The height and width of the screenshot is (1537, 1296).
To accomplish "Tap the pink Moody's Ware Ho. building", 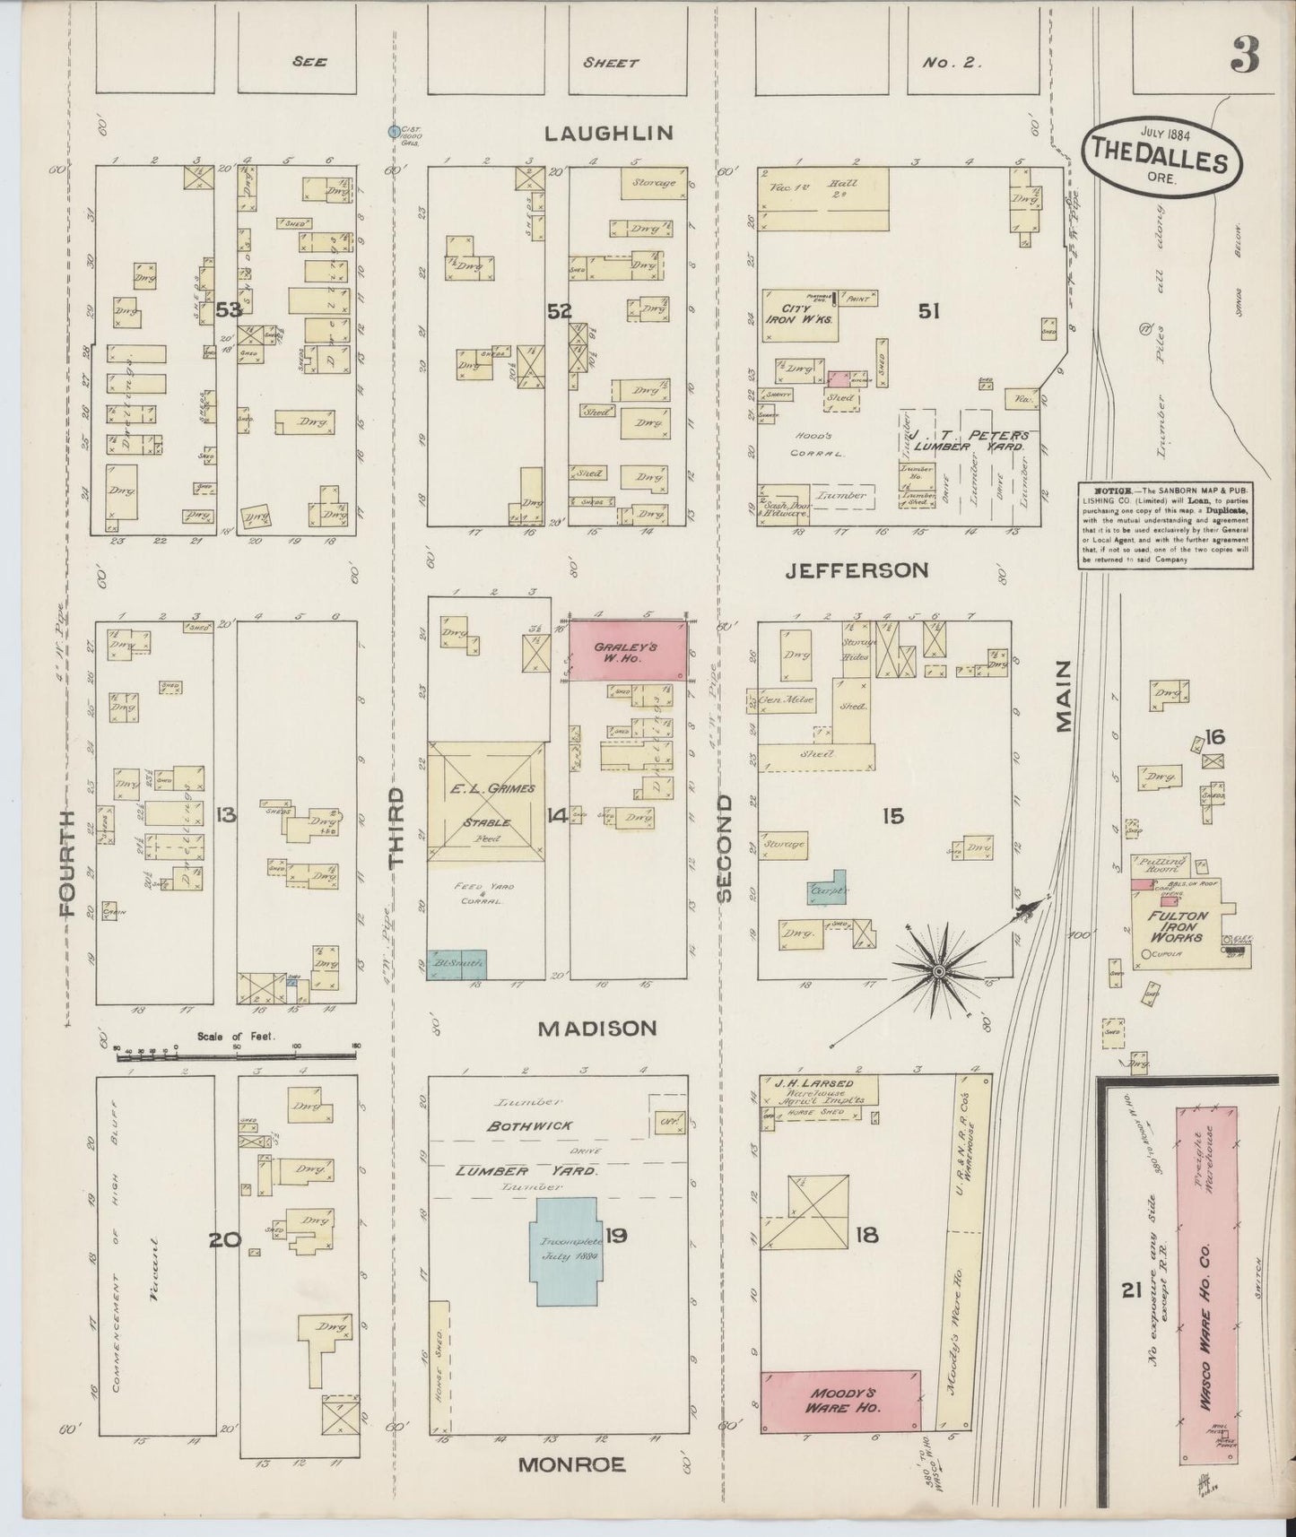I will tap(840, 1401).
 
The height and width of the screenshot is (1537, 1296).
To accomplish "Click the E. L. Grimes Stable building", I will tap(485, 803).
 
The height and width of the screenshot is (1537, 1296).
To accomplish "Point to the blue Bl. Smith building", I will tap(457, 964).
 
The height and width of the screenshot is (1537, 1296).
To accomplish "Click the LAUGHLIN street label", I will tap(609, 134).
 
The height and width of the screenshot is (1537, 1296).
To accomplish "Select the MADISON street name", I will tap(597, 1029).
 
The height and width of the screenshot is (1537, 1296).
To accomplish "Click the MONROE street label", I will tap(571, 1465).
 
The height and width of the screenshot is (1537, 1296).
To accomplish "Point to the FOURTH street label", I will tap(65, 862).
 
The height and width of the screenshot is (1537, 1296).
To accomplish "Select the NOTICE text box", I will tap(1166, 525).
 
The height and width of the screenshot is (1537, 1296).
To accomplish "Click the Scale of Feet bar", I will tap(238, 1055).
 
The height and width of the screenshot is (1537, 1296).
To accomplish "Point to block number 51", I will tap(928, 311).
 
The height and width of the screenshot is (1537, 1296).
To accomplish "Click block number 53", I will tap(230, 310).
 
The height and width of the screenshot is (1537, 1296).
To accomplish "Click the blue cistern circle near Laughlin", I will tap(393, 132).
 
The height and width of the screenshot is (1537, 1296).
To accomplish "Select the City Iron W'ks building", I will tap(800, 317).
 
